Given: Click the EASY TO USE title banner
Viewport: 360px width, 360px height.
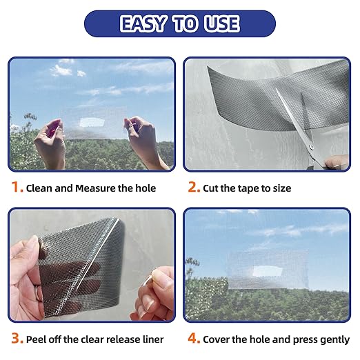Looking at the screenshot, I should coord(179,24).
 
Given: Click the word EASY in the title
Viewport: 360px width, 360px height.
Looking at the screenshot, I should coord(141,24).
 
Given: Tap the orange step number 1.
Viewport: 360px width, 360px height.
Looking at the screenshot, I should coord(16,187).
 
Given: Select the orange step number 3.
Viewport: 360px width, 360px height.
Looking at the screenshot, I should coord(16,339).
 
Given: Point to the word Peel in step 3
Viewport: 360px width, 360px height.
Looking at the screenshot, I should coord(37,339).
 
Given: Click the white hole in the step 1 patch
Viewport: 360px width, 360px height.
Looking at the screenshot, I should coord(92,123).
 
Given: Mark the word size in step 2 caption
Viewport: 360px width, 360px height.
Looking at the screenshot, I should coord(281,188).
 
